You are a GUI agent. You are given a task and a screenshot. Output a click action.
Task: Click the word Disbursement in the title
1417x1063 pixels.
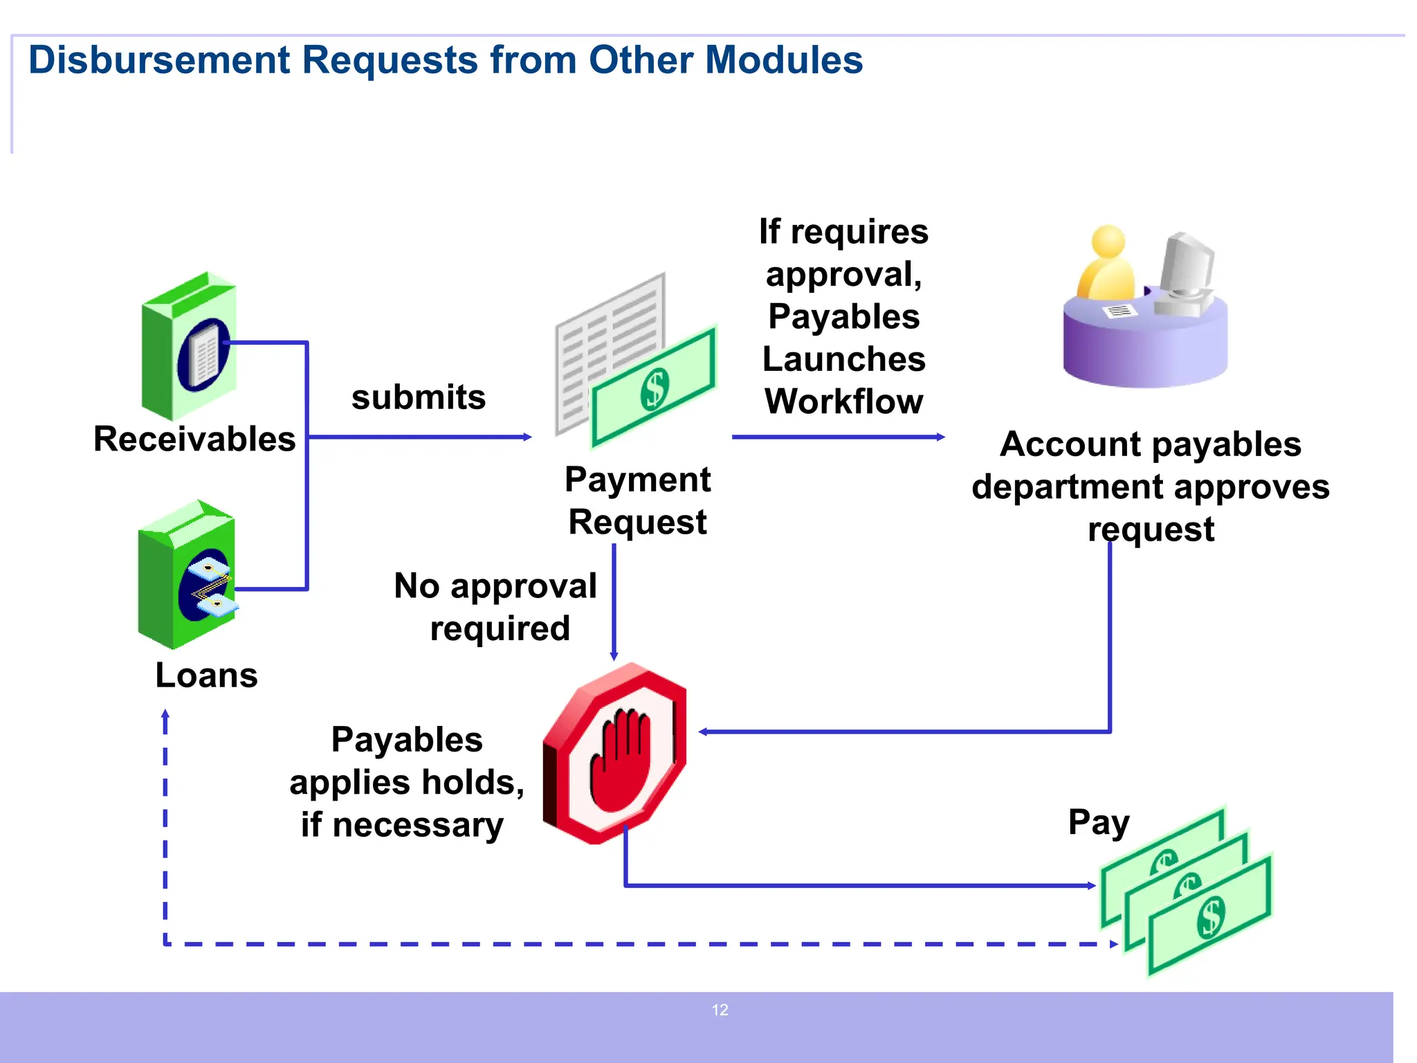(158, 60)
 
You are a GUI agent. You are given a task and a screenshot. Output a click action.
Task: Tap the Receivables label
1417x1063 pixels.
(194, 439)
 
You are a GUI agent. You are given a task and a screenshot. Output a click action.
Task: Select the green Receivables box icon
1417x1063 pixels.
(189, 346)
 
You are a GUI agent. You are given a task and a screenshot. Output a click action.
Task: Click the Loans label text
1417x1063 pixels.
(206, 675)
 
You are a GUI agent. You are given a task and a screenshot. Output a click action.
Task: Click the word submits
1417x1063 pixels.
(419, 397)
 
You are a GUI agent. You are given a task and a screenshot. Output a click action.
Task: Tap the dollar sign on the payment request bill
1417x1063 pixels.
(655, 389)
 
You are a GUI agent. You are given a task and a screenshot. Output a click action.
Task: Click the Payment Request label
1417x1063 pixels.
(637, 500)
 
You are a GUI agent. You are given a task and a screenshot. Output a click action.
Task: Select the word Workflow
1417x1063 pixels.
(843, 401)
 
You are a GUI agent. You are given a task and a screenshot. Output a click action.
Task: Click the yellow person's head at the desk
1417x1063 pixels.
(1108, 242)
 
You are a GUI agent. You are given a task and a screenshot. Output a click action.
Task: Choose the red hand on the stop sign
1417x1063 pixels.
(620, 761)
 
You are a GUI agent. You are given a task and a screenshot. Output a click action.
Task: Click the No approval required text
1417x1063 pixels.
(496, 607)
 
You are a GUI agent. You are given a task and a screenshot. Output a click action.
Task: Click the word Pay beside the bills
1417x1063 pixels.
(1098, 823)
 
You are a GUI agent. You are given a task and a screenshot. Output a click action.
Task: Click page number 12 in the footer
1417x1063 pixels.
(720, 1010)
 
